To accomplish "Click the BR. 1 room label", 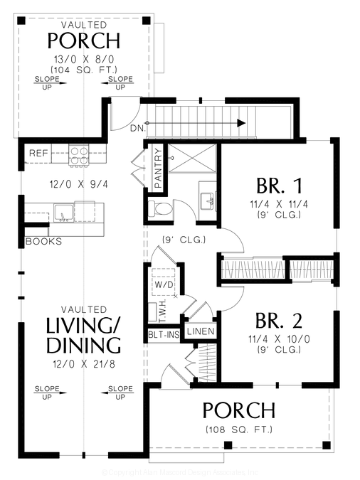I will (280, 186).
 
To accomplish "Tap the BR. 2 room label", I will (280, 318).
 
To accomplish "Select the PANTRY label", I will (159, 170).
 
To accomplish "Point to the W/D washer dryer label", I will (163, 284).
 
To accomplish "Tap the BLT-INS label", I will (162, 334).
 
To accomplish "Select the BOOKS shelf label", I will (43, 241).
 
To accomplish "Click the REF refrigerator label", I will (38, 153).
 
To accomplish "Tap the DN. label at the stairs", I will (137, 128).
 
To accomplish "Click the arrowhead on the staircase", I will (241, 123).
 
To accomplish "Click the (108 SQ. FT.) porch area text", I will (238, 430).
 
